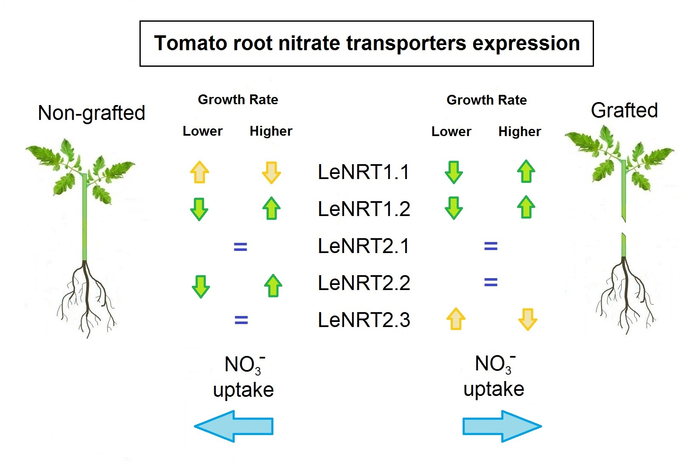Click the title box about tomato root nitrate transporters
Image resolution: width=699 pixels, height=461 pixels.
coord(367,43)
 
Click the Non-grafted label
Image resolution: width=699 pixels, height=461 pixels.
coord(91,113)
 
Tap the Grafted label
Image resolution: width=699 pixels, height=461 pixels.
coord(624,111)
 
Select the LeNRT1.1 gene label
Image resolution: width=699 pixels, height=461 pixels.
coord(364,172)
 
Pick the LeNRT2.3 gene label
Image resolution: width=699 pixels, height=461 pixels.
coord(364,320)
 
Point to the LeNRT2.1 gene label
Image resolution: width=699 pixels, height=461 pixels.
coord(364,246)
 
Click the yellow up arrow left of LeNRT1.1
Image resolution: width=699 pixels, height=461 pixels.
coord(199,172)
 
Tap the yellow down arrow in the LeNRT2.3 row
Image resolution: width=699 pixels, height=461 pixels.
coord(528,319)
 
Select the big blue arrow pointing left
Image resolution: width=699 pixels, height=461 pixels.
coord(234,426)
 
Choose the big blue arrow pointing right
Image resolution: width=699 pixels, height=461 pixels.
coord(502,426)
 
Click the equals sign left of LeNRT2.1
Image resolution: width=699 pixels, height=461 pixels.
coord(241,247)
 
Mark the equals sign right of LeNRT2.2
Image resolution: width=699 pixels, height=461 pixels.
coord(491,282)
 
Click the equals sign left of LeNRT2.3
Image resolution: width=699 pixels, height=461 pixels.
coord(241,320)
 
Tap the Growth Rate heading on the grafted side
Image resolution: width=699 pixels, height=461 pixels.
coord(486,100)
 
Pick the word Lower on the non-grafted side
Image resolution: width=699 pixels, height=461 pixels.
coord(202,131)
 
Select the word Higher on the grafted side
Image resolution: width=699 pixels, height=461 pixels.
coord(520,131)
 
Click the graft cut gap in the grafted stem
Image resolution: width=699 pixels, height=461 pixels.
coord(624,227)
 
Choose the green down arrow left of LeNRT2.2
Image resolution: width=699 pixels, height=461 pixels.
coord(201,286)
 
